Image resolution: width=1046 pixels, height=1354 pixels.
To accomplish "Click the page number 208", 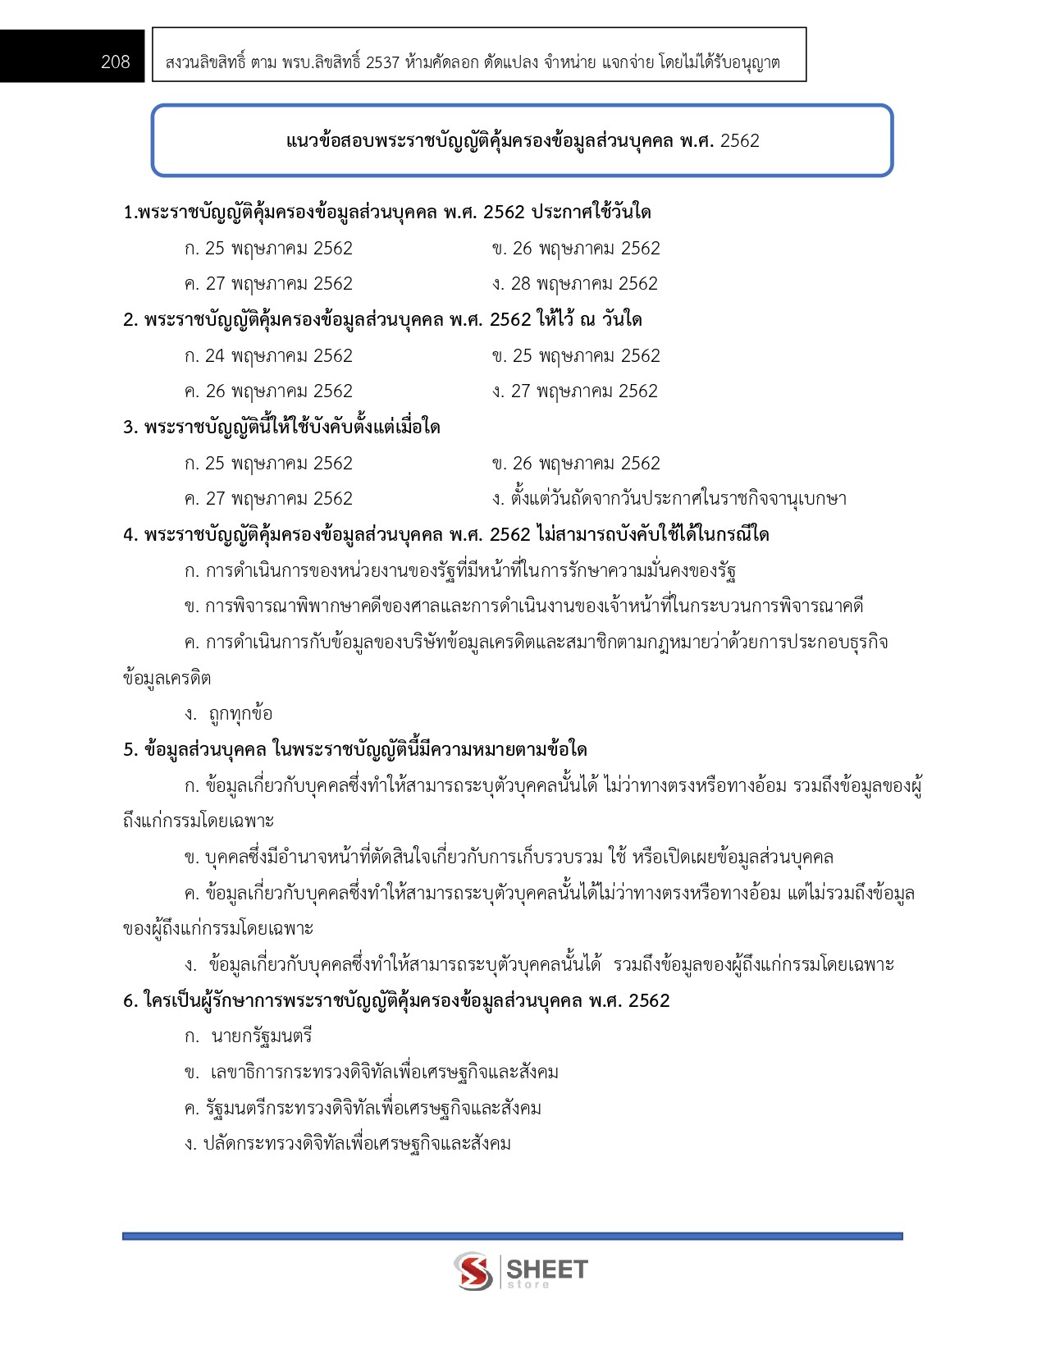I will [x=116, y=62].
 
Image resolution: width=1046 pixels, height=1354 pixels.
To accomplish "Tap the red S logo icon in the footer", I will [x=473, y=1271].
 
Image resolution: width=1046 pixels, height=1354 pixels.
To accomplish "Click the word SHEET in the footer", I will [x=547, y=1269].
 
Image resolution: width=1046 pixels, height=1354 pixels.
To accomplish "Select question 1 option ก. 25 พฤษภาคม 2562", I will [x=268, y=248].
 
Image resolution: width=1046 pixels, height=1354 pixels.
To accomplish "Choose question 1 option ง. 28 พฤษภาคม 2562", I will [x=575, y=284].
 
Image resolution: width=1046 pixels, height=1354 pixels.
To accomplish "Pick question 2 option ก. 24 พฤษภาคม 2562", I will [x=268, y=355].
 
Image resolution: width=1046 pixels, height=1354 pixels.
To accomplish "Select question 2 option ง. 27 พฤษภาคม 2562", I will [x=575, y=391].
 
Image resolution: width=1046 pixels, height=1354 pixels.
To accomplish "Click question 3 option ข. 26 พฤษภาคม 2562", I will [x=576, y=463].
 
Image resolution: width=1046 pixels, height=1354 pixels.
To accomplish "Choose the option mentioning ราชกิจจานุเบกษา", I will [x=669, y=499].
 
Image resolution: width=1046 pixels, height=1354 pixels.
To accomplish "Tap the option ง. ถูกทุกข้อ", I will [x=229, y=714].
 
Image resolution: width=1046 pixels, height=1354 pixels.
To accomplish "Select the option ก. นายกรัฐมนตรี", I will [x=249, y=1036].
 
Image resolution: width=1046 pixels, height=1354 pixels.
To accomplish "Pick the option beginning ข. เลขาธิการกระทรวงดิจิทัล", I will [x=372, y=1073].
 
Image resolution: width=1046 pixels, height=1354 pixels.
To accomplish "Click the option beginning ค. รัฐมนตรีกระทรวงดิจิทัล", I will [x=363, y=1109].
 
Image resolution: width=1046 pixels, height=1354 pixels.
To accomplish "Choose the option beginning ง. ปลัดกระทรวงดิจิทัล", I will [x=348, y=1144].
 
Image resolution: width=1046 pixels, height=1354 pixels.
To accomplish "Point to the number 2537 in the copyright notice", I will [x=382, y=62].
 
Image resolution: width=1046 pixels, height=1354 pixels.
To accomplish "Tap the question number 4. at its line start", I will [x=130, y=535].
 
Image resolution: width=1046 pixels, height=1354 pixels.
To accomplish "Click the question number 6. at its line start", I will [x=130, y=1001].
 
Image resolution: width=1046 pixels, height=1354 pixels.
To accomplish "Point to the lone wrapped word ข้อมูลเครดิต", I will [x=167, y=679].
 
